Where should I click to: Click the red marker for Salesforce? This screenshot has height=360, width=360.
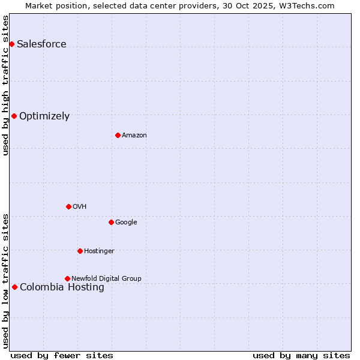11,44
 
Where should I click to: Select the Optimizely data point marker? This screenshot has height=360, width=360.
14,116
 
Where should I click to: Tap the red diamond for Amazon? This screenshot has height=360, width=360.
118,135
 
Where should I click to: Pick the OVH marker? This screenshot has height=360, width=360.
68,206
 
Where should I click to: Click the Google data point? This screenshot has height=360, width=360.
111,222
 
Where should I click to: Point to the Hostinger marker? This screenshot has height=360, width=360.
80,251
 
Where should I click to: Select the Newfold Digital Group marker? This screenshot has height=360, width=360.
67,278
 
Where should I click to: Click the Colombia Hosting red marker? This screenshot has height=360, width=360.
14,287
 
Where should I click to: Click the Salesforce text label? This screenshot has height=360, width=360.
41,44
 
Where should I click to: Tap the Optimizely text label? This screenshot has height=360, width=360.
44,116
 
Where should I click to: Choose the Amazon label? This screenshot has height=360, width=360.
134,136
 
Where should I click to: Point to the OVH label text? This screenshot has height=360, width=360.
80,207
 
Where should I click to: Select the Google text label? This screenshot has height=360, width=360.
126,223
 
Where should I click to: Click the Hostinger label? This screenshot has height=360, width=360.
99,251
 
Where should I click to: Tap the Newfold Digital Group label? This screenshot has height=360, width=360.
106,279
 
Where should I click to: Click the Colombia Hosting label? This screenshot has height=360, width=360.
62,287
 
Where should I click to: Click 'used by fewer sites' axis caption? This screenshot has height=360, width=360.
62,355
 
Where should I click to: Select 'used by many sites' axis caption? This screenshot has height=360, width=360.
301,355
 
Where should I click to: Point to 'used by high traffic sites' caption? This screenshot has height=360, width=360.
6,85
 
